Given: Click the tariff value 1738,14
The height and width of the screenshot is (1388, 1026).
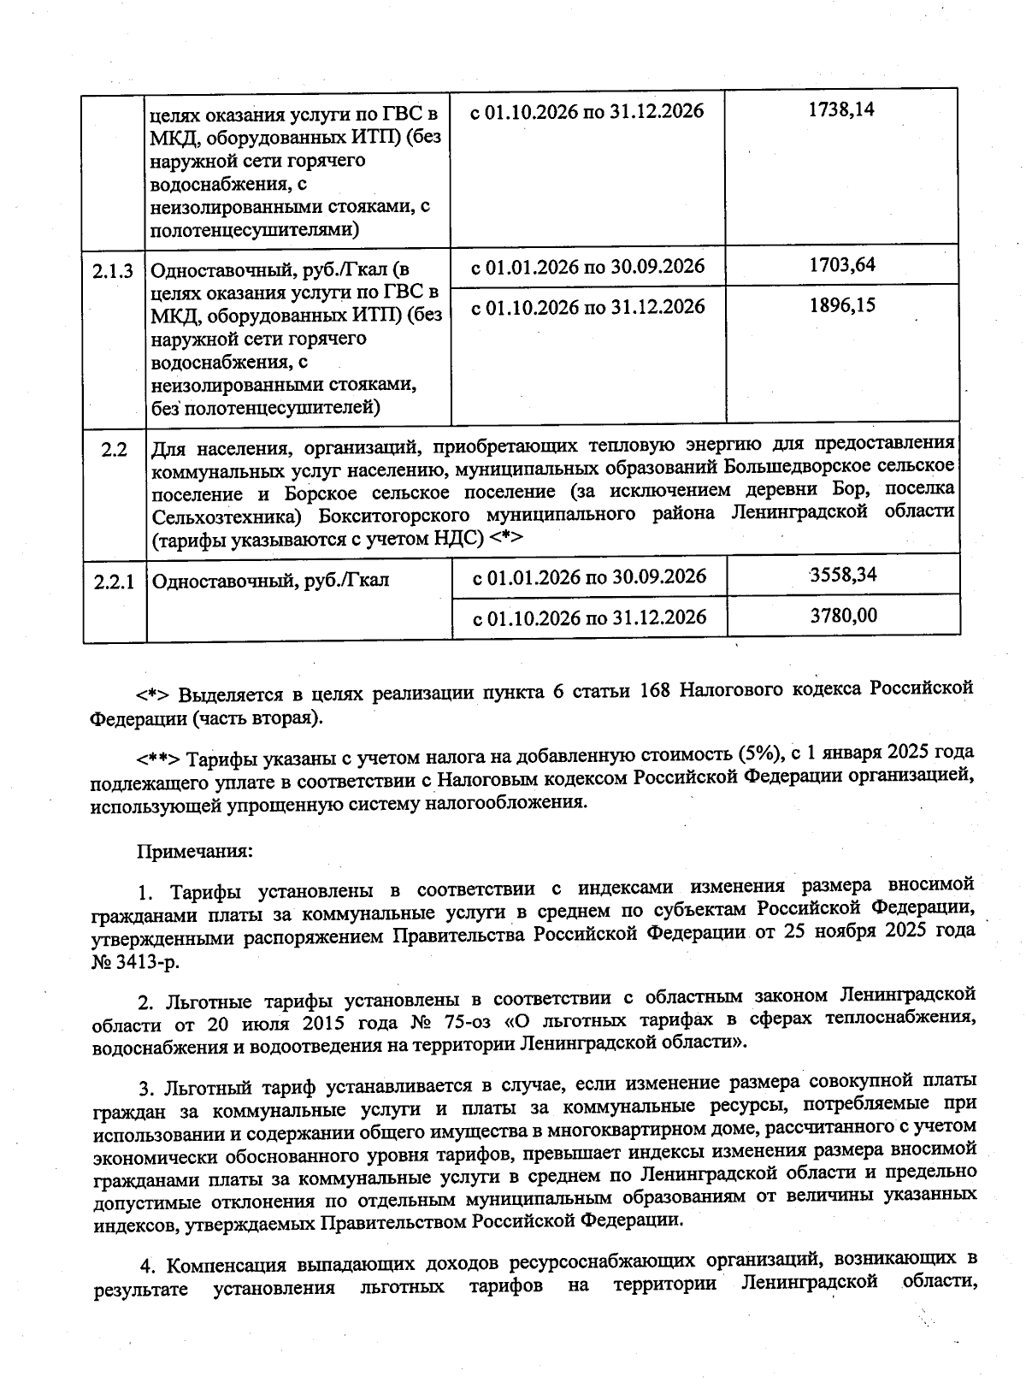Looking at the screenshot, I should click(x=841, y=109).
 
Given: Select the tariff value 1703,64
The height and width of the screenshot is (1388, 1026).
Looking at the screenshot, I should click(x=842, y=264).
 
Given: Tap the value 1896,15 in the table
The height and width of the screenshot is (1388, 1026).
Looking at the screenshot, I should click(x=842, y=305).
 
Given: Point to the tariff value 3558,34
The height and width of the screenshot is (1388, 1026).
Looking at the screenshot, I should click(x=843, y=574).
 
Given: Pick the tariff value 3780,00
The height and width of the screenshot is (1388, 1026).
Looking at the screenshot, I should click(x=843, y=615).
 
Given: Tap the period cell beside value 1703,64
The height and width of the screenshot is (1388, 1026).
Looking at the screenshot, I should click(x=588, y=266).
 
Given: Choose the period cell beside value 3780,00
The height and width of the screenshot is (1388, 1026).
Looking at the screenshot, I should click(x=590, y=617).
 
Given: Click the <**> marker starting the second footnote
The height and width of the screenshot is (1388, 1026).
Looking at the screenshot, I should click(x=157, y=759).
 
